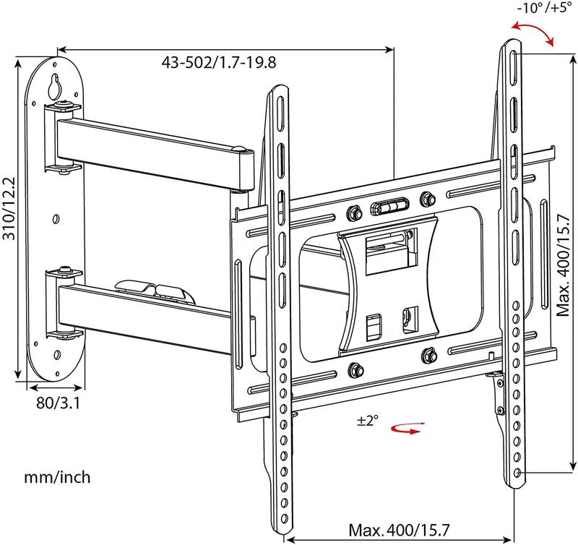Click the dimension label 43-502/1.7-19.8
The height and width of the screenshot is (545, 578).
pos(219,62)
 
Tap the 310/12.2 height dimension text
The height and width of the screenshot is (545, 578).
pos(9,208)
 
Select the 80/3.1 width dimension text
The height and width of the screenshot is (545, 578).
pos(58,403)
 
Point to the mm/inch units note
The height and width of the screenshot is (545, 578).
pos(57,477)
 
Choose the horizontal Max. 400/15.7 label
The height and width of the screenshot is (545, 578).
pos(400,531)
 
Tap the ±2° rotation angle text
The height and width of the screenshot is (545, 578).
pos(368,420)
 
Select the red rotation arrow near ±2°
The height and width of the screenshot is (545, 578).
pos(407,428)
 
